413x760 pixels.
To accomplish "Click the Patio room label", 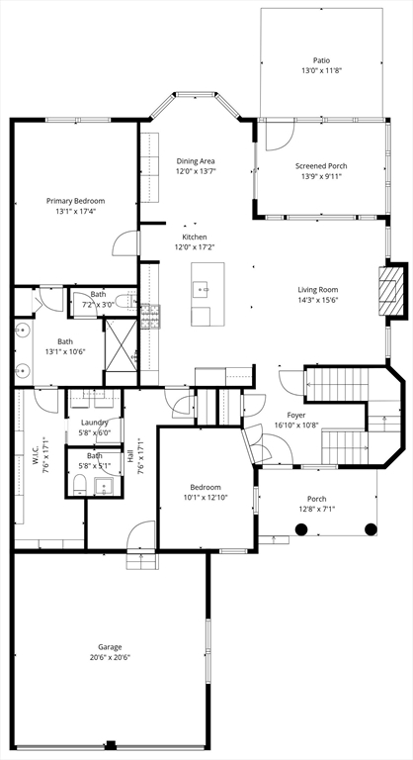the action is click(321, 60).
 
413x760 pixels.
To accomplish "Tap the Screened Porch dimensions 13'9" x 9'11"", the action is click(321, 176).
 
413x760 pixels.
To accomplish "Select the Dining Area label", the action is click(196, 161).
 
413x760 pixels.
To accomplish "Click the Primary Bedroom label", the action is click(75, 201).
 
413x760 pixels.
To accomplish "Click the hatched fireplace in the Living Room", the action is click(390, 290).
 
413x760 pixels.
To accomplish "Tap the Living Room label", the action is click(317, 290).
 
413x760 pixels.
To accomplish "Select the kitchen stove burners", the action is click(150, 317).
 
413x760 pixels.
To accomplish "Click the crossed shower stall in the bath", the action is click(122, 345).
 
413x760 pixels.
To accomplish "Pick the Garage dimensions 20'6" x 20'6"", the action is click(110, 657).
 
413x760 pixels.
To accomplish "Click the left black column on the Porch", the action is click(301, 528).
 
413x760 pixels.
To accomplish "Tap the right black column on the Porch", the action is click(371, 528).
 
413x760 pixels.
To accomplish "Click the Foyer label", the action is click(295, 415).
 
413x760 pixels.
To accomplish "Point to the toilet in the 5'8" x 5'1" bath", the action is click(80, 485).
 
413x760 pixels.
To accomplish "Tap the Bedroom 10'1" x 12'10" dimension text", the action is click(206, 497).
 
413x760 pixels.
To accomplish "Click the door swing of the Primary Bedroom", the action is click(125, 243).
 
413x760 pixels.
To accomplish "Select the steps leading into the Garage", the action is click(142, 561).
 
